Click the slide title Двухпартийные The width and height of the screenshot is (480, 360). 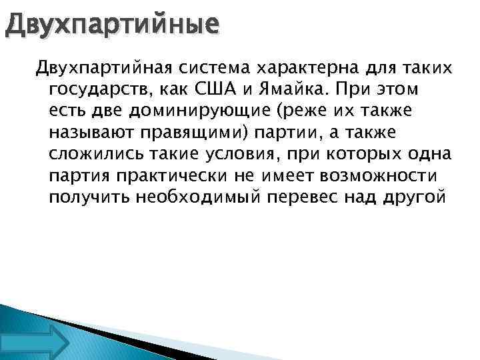109,25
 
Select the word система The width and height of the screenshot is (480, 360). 216,67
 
